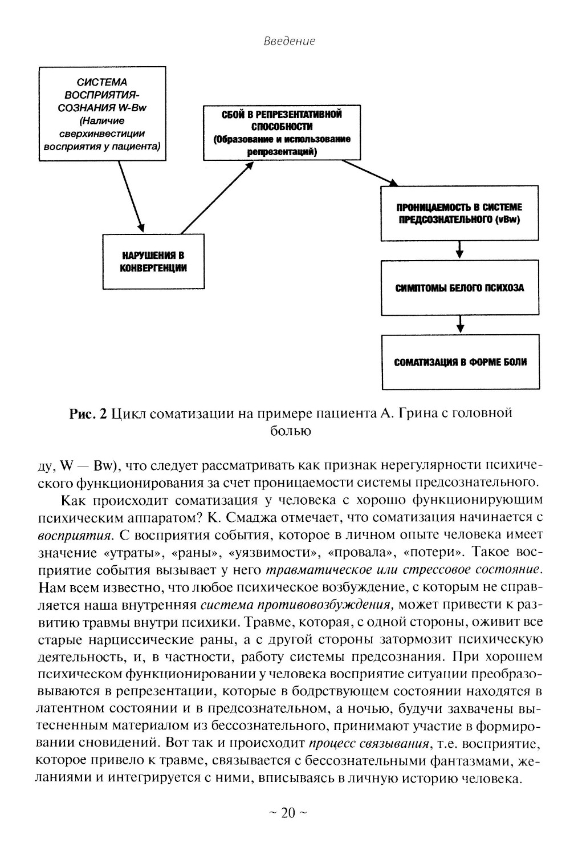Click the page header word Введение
290,42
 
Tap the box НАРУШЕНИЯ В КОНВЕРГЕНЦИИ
153,261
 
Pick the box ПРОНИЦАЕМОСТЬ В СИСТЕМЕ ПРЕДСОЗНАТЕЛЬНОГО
459,213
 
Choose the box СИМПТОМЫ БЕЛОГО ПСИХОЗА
459,288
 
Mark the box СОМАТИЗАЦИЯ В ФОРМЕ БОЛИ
460,362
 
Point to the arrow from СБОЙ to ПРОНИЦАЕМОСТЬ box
369,172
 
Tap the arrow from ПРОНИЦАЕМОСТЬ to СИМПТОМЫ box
460,250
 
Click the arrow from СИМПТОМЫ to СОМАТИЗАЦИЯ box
460,324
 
